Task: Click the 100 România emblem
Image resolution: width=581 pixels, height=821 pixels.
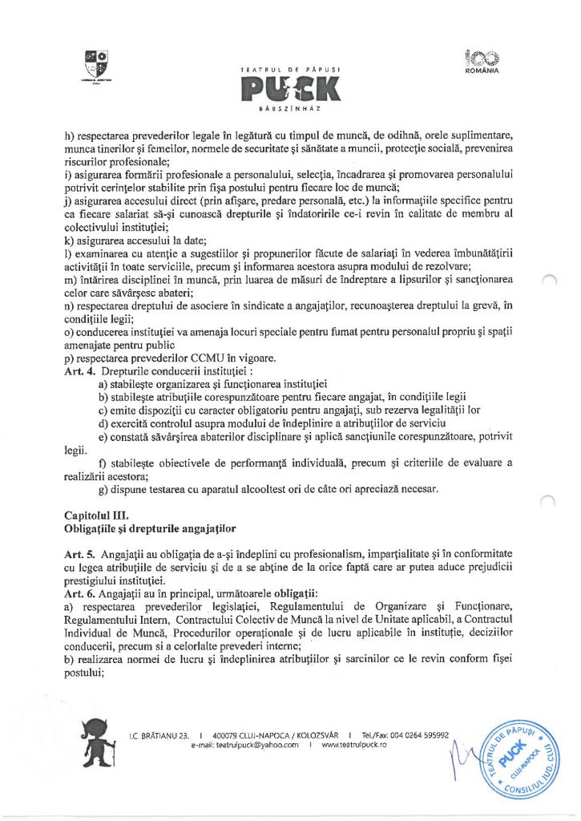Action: coord(481,60)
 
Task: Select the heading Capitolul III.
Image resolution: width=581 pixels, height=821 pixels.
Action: coord(91,515)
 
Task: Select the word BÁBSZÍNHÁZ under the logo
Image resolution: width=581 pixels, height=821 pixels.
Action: coord(289,107)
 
